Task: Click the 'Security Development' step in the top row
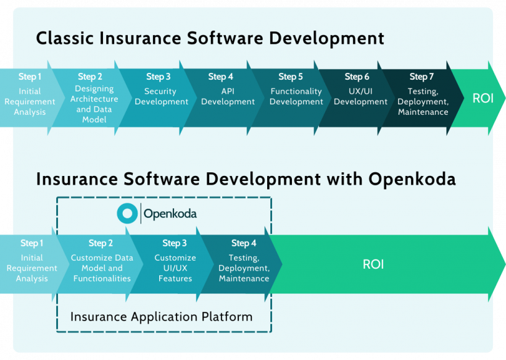tap(161, 96)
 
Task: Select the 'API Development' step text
tap(228, 96)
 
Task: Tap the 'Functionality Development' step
tap(296, 96)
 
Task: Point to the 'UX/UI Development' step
tap(360, 96)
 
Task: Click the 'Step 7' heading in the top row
tap(421, 77)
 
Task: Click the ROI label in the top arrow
tap(483, 98)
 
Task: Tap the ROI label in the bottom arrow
tap(373, 264)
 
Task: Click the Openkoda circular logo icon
tap(127, 214)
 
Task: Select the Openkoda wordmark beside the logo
tap(170, 214)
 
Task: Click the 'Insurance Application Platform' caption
tap(161, 317)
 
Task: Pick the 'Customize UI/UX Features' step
tap(175, 268)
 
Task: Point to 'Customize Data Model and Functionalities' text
tap(102, 268)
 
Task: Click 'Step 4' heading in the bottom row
tap(244, 243)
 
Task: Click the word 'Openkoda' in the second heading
tap(412, 179)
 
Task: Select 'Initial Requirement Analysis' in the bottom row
tap(31, 268)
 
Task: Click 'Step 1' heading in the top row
tap(30, 77)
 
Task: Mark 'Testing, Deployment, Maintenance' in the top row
tap(423, 101)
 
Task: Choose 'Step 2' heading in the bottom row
tap(101, 243)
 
